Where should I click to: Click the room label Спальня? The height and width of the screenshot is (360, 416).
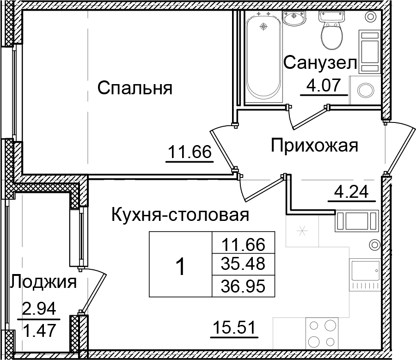point(135,87)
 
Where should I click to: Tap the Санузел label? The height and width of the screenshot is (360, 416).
point(320,64)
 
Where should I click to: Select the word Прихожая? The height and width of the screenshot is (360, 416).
point(314,146)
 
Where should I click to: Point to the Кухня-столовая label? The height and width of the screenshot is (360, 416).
point(180,215)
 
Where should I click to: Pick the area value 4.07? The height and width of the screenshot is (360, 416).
point(324,85)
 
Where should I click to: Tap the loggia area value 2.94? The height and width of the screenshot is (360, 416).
point(39,307)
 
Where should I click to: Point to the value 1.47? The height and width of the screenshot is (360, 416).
point(39,330)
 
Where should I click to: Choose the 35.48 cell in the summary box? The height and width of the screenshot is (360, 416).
point(243,264)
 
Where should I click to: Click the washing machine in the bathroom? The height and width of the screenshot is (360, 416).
point(366,90)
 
